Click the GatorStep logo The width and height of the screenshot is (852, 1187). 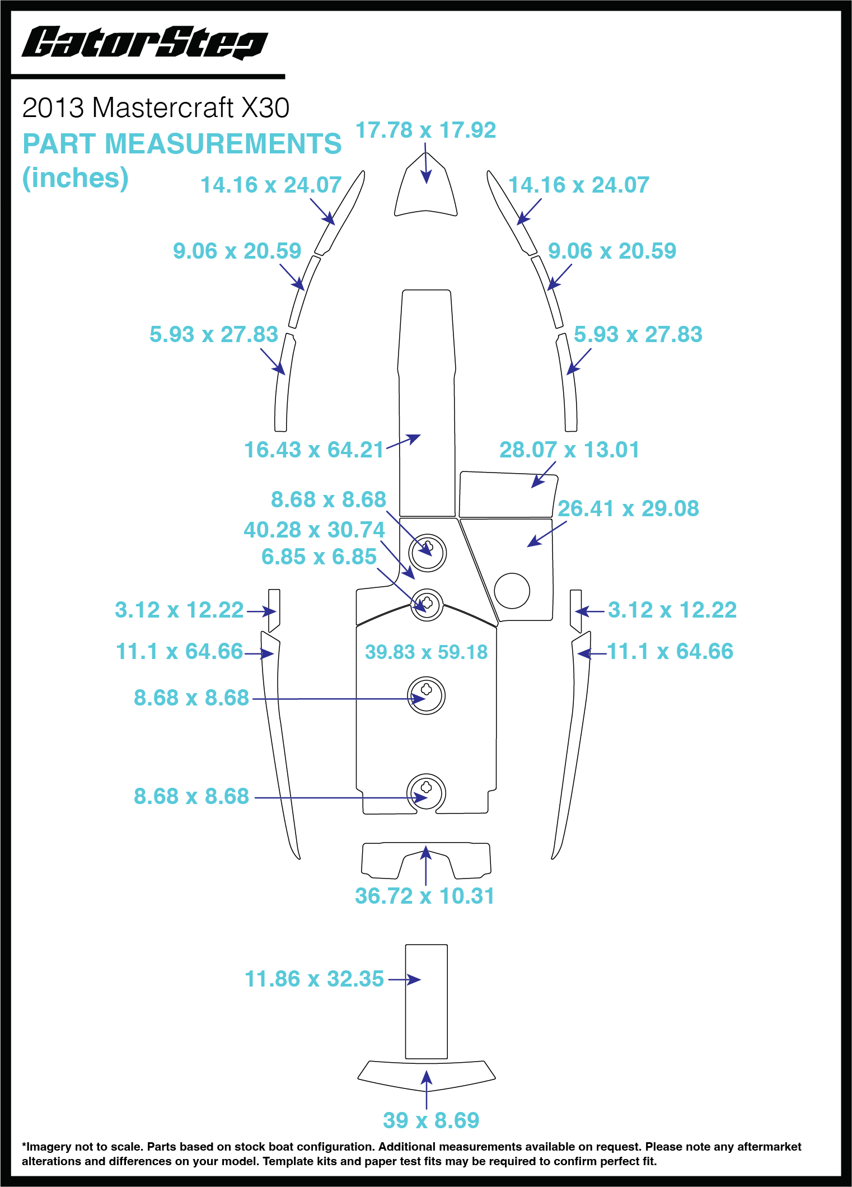[x=144, y=43]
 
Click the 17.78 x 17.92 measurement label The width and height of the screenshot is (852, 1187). [x=425, y=130]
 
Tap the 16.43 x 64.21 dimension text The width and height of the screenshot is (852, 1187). [x=313, y=450]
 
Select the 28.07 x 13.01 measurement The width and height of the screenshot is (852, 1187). [x=569, y=450]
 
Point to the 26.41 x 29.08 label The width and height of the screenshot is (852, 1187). [x=628, y=508]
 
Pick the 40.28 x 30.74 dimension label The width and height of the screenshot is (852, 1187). [x=314, y=530]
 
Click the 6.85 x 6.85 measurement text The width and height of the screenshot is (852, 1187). [x=319, y=557]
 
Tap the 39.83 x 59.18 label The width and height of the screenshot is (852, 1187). [x=426, y=652]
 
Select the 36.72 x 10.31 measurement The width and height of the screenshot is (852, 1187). [x=424, y=896]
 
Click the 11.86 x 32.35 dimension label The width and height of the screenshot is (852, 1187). [x=314, y=979]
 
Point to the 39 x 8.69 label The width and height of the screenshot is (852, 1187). [x=431, y=1120]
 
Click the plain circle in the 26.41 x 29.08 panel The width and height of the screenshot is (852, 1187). [x=512, y=591]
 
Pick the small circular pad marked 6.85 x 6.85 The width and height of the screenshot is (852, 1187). [x=427, y=605]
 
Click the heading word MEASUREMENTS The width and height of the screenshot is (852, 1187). [x=223, y=144]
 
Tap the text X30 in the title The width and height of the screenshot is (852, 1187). [x=265, y=108]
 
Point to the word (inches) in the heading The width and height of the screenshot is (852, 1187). [x=75, y=178]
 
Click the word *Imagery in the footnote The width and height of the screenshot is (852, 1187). [x=46, y=1147]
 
